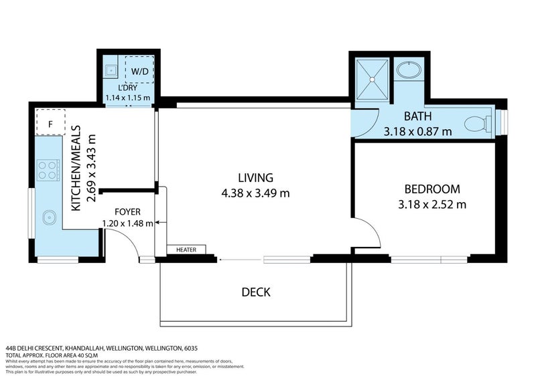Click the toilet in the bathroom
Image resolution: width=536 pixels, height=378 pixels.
(478, 123)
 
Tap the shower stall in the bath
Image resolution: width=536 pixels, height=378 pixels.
(372, 80)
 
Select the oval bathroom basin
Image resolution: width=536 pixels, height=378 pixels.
(408, 70)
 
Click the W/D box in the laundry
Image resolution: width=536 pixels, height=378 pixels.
(140, 70)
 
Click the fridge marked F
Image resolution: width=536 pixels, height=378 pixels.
(50, 124)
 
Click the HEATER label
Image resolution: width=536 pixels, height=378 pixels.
(186, 250)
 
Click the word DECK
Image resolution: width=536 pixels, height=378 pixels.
(255, 292)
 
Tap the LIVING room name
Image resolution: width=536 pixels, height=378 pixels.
(255, 178)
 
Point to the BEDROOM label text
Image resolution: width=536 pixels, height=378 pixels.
(431, 189)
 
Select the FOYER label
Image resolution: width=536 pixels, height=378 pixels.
(127, 211)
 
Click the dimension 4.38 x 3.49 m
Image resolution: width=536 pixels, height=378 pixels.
(255, 194)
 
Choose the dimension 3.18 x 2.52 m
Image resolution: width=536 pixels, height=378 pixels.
(431, 205)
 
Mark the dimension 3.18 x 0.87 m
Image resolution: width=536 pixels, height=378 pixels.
(417, 132)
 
